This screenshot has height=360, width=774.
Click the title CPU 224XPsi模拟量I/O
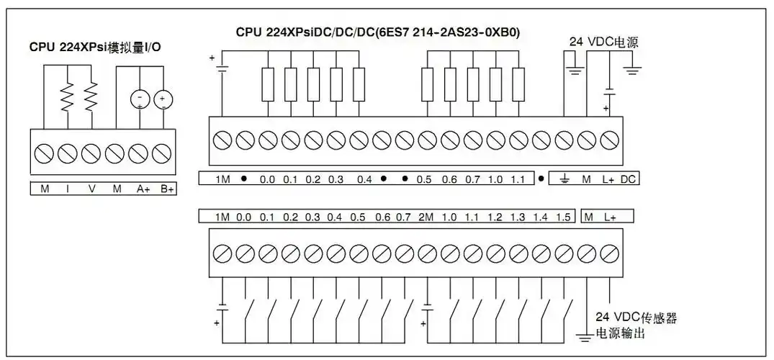(x=95, y=48)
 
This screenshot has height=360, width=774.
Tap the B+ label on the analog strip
(x=167, y=189)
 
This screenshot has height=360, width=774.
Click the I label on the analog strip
(x=68, y=189)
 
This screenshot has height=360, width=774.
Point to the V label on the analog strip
(x=91, y=189)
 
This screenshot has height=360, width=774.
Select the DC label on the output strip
(x=628, y=179)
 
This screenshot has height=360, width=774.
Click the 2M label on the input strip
(x=426, y=217)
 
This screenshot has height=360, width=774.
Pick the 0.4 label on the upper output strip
(x=364, y=179)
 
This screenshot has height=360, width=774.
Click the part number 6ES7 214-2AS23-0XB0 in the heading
(x=460, y=32)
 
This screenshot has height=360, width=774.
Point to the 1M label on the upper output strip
(x=222, y=179)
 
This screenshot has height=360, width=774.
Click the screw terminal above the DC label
(x=611, y=138)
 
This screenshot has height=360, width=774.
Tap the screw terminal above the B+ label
(x=163, y=153)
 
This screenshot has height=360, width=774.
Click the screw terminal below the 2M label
(x=426, y=253)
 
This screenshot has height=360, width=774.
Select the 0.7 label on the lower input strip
(x=403, y=217)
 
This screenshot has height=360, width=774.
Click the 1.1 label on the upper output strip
(x=517, y=179)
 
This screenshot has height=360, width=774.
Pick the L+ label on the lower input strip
(x=610, y=217)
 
